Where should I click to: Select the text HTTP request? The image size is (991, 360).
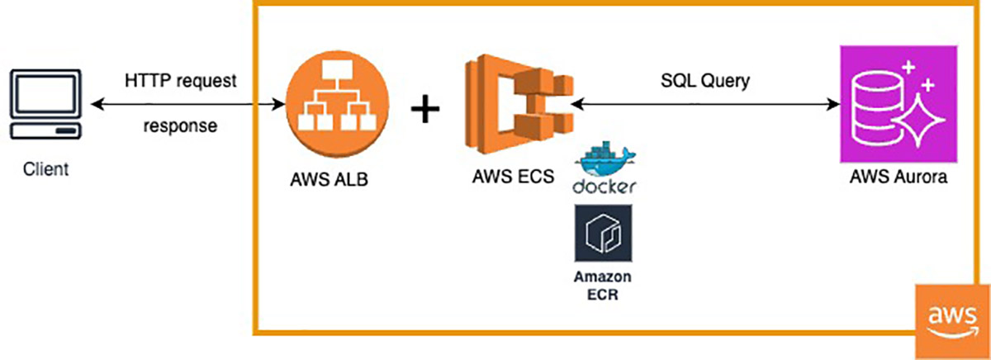[181, 82]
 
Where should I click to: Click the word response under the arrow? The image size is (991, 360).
[181, 127]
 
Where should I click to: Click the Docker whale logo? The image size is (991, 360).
[604, 161]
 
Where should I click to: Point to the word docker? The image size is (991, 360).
[604, 187]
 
